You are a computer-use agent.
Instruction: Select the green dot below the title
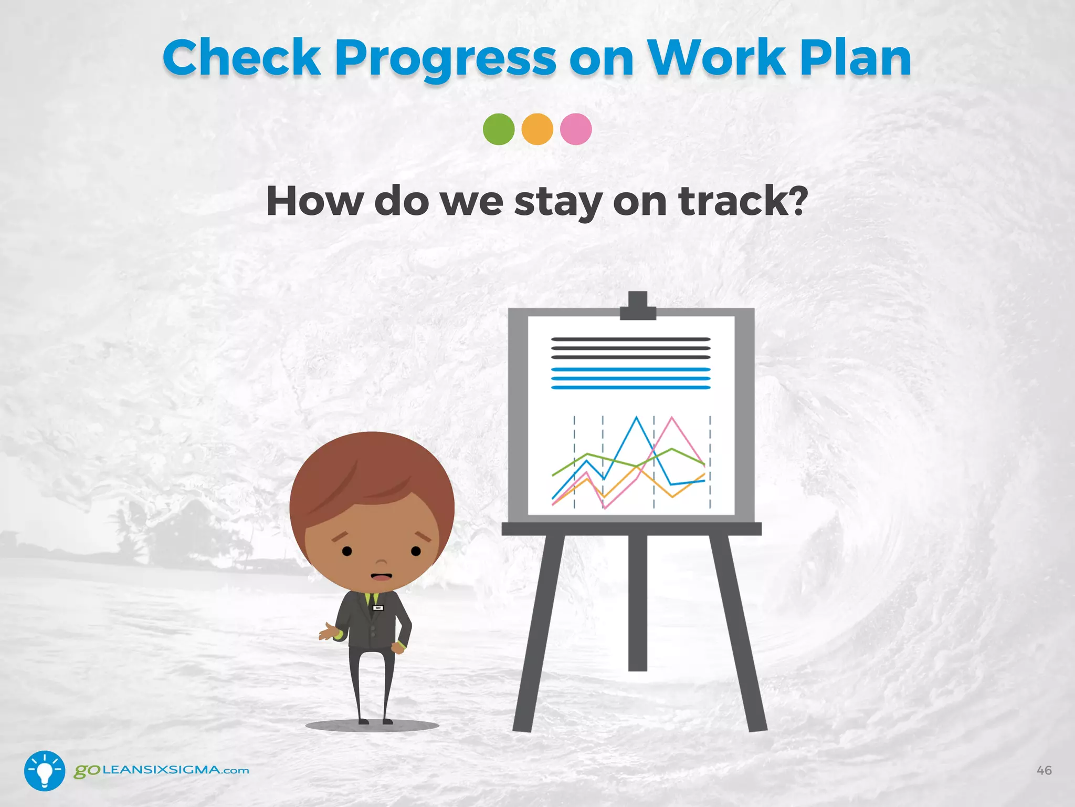(x=499, y=129)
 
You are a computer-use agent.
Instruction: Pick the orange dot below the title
(x=537, y=129)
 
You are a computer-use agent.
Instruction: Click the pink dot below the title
(x=576, y=129)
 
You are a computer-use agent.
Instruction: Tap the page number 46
(x=1044, y=770)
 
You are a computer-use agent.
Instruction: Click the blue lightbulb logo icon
(x=45, y=771)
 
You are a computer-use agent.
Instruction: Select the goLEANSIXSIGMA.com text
(x=162, y=770)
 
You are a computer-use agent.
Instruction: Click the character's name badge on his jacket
(x=378, y=608)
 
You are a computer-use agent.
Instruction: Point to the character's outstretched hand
(x=328, y=633)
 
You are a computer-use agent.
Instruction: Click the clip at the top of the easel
(x=638, y=307)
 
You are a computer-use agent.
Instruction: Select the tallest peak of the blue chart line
(x=637, y=418)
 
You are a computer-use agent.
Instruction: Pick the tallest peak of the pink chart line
(x=672, y=418)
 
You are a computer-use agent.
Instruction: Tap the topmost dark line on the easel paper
(x=630, y=339)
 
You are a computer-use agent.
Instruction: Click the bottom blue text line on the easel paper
(x=630, y=388)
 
